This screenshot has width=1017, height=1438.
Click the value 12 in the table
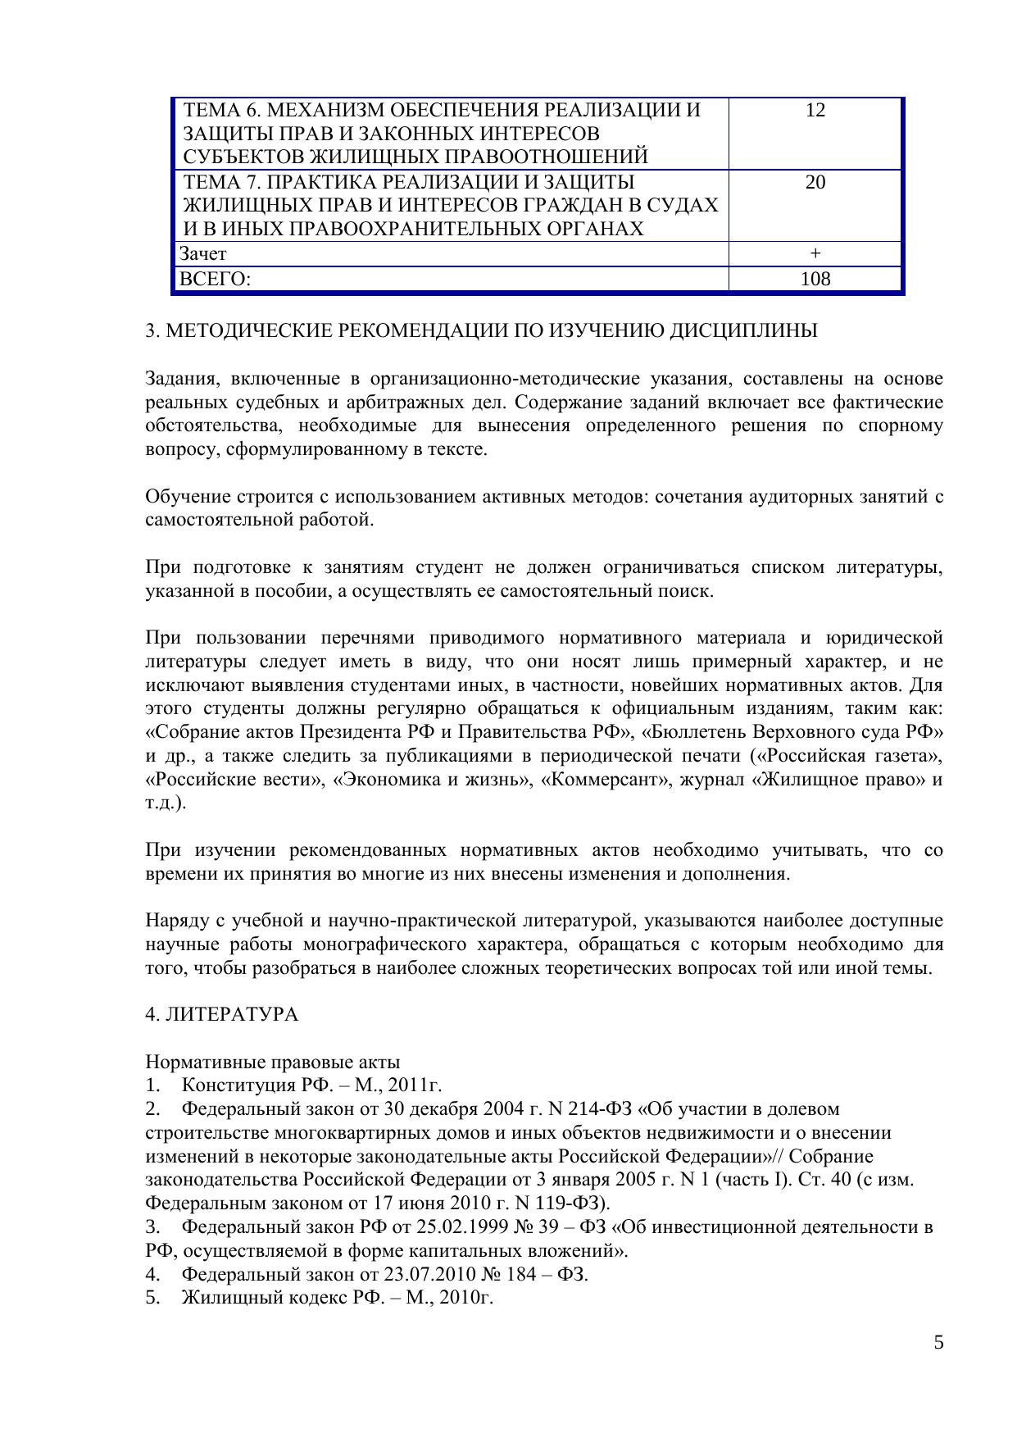click(815, 110)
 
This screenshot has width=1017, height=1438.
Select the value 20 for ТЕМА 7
click(815, 182)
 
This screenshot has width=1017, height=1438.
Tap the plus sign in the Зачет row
click(815, 254)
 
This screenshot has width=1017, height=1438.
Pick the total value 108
click(815, 280)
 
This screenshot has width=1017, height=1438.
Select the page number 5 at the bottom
click(938, 1342)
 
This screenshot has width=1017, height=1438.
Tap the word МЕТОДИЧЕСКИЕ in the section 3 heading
click(248, 330)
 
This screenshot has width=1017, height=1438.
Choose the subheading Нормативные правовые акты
click(272, 1063)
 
